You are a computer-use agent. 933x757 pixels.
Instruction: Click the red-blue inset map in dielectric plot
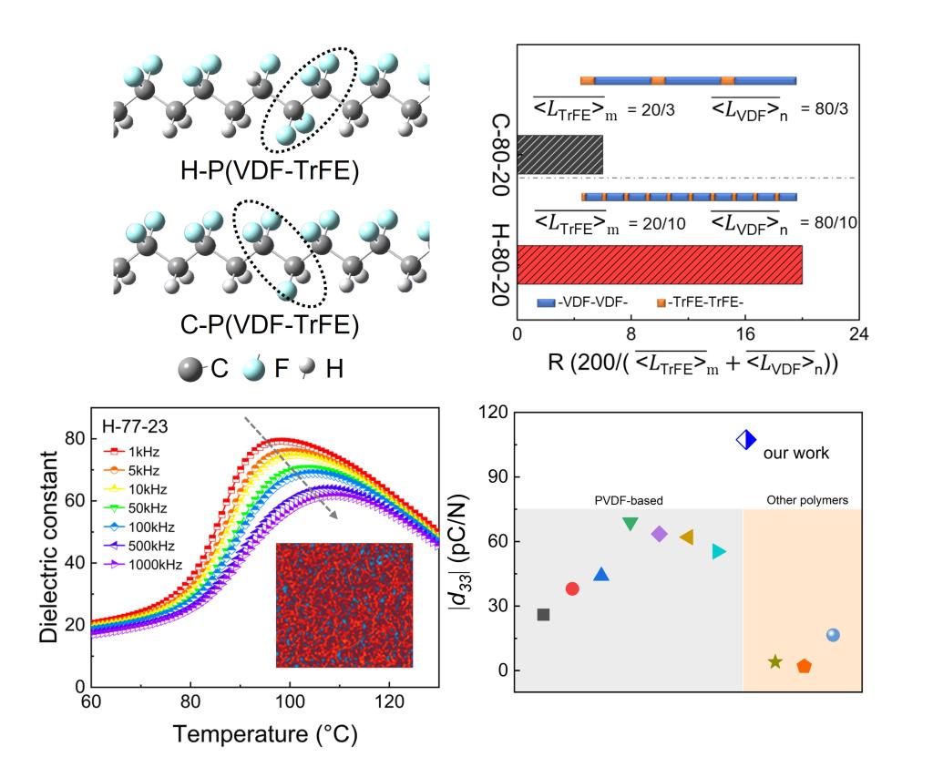pos(344,606)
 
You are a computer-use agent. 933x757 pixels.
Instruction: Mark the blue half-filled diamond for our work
pos(746,440)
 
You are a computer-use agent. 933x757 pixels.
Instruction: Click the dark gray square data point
pos(543,615)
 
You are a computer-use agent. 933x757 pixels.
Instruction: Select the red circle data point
pos(572,588)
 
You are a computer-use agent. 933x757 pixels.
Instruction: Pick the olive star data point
pos(774,661)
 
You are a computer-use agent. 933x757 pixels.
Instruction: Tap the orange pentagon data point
pos(804,666)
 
